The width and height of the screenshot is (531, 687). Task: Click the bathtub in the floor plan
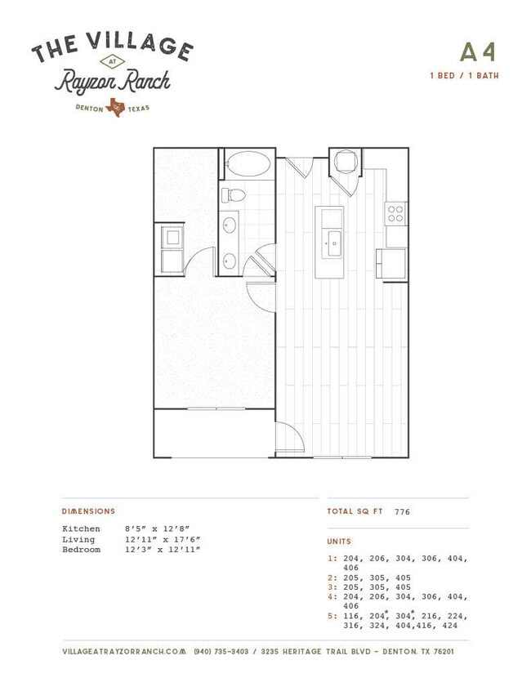click(247, 164)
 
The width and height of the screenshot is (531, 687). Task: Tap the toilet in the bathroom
click(233, 195)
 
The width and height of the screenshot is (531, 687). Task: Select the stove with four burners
click(395, 213)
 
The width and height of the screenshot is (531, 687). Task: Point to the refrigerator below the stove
click(390, 264)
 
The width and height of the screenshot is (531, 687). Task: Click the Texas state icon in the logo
click(115, 107)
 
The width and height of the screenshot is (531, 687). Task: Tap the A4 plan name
click(478, 52)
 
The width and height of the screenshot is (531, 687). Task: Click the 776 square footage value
click(402, 511)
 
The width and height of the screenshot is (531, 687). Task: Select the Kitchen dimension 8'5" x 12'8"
click(157, 529)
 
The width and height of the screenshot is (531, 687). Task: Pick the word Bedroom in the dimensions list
click(81, 550)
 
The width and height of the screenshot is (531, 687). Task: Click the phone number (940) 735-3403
click(221, 652)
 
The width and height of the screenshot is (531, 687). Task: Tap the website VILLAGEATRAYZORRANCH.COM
click(124, 652)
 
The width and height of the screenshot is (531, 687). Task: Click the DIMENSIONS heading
click(88, 511)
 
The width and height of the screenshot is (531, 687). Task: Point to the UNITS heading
click(339, 542)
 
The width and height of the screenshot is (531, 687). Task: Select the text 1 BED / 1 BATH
click(464, 76)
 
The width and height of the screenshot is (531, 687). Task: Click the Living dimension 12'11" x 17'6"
click(163, 539)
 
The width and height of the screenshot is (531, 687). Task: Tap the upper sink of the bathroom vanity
click(229, 225)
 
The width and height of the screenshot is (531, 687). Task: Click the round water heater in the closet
click(346, 161)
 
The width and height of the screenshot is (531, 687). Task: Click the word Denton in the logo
click(89, 108)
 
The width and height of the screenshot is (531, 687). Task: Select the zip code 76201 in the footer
click(444, 652)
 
